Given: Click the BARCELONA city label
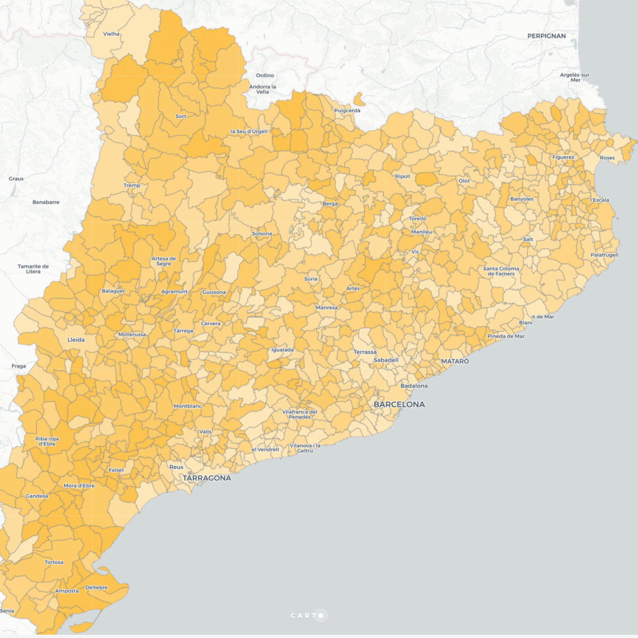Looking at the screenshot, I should coord(399,404).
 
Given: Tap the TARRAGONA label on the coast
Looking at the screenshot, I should coord(207,478).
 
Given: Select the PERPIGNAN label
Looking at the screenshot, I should coord(546,36).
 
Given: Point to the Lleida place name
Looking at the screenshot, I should coord(76,340).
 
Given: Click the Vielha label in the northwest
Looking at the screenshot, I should coord(111,34).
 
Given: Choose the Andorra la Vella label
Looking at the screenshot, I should coord(262,89).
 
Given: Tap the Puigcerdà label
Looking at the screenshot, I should coord(347,110).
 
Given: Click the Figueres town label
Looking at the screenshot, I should coord(563,157).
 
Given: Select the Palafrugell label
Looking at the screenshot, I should coord(604,255).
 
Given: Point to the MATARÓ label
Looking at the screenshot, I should coord(455,361).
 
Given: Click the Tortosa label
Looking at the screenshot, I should coord(54,562).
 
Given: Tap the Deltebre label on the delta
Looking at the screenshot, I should coord(96,588).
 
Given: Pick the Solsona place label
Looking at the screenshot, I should coord(262,234).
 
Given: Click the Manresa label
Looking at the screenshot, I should coord(327,308).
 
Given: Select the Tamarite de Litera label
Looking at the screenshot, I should coord(33,269).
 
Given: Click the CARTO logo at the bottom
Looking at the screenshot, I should coord(307,616).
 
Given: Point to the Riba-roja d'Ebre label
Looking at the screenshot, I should coord(47,441).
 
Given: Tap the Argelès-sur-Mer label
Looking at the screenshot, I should coord(575,77).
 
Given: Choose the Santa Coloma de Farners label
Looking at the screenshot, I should coord(501,271).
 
